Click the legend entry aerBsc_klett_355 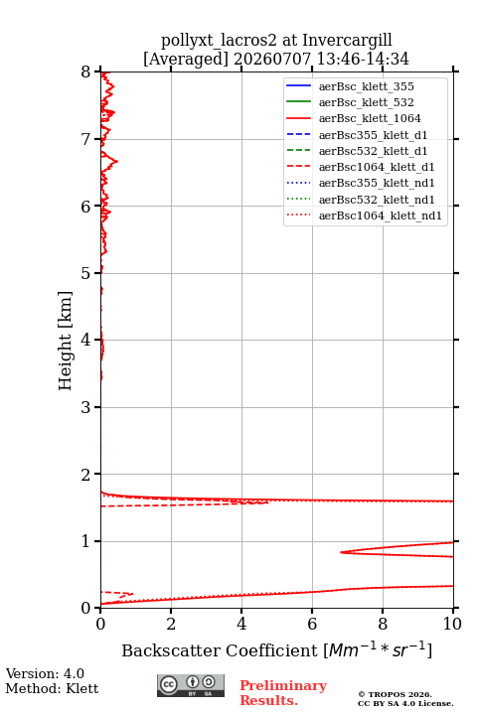[x=366, y=86]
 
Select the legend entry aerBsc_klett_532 [x=366, y=102]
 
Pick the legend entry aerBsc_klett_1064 [x=370, y=118]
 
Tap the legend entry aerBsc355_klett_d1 [x=373, y=135]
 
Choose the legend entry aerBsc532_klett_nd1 [x=377, y=200]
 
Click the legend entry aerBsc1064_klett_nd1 [x=381, y=215]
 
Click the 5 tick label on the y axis [x=85, y=274]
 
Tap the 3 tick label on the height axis [x=85, y=407]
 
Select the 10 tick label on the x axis [x=452, y=624]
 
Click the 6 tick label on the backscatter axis [x=312, y=624]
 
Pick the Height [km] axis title [x=65, y=341]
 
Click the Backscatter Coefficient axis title [x=276, y=650]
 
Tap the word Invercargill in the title [x=348, y=40]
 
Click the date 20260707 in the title [x=273, y=59]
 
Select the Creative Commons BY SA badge [x=191, y=685]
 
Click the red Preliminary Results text [x=283, y=693]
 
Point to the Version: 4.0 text [x=45, y=673]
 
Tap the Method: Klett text [x=52, y=688]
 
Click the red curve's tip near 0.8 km [x=341, y=552]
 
